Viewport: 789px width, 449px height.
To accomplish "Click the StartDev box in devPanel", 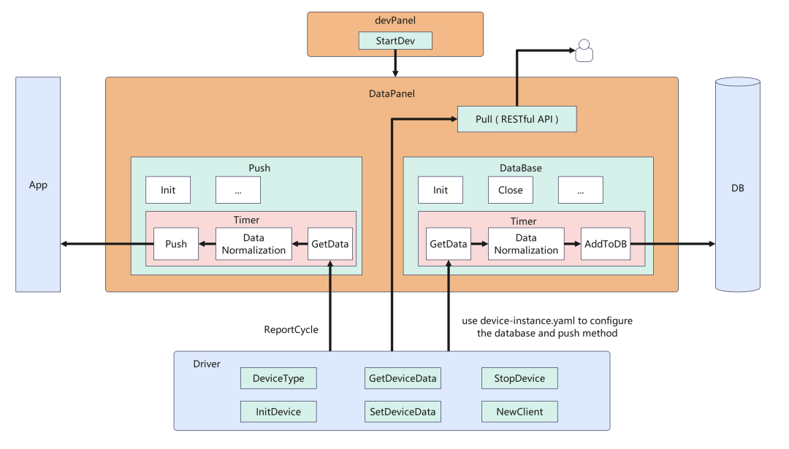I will pos(395,41).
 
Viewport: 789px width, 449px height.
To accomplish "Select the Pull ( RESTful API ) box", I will pos(517,119).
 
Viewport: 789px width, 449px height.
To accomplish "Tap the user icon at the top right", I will pos(583,51).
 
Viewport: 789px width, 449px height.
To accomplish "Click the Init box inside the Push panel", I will pos(167,190).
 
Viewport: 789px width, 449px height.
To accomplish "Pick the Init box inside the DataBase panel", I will pos(441,190).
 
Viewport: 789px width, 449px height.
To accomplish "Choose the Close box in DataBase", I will pos(510,190).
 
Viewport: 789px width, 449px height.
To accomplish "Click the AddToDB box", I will pos(605,244).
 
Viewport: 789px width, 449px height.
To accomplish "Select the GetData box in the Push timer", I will pos(329,244).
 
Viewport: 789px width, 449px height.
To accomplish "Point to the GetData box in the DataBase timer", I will pos(448,244).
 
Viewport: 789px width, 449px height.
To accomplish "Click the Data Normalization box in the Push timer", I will pos(253,244).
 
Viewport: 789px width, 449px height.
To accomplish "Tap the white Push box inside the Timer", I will pos(175,244).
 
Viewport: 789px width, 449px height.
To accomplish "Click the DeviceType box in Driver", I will pos(278,378).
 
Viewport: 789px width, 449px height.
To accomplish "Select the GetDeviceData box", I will pos(403,378).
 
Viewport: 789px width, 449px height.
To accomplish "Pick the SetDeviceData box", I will pos(403,412).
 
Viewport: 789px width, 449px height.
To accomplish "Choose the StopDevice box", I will pos(519,378).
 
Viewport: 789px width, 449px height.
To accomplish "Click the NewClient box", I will pos(519,412).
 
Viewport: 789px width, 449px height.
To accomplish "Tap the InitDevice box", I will pos(278,412).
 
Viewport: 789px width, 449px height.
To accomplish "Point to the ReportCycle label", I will pos(291,329).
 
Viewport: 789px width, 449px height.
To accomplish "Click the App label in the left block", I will pos(38,185).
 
